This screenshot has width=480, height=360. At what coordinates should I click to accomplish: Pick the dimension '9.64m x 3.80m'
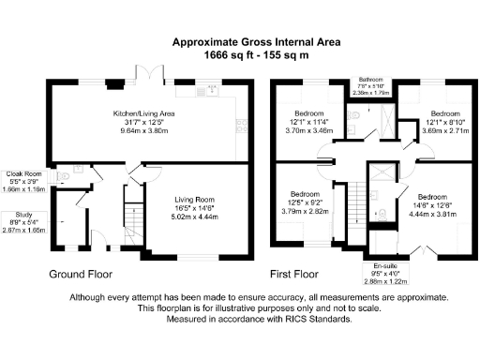(139, 132)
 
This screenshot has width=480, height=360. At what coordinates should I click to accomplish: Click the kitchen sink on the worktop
(211, 91)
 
